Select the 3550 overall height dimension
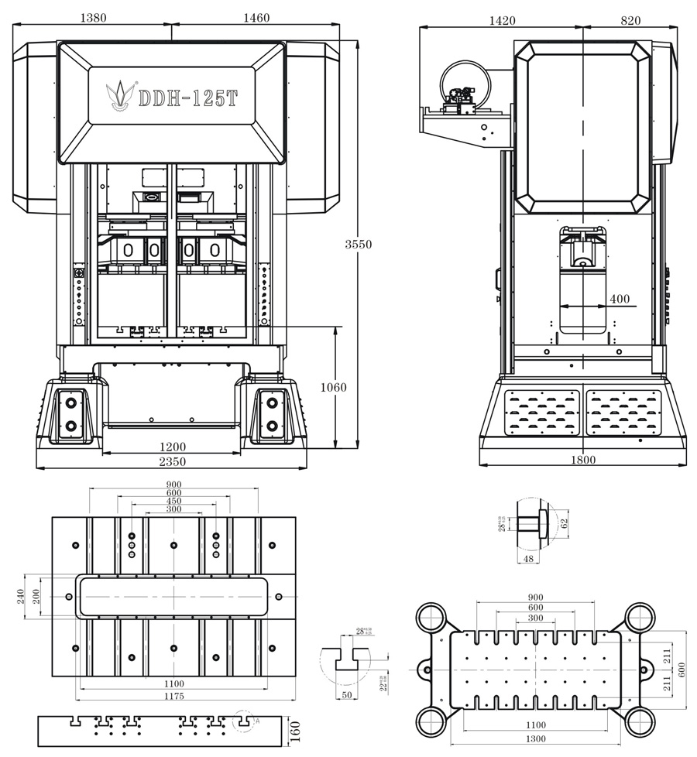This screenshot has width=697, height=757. (x=358, y=244)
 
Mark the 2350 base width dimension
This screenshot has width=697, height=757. (x=172, y=461)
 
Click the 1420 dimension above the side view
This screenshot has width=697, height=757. (x=502, y=21)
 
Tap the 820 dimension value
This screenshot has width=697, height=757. (x=630, y=21)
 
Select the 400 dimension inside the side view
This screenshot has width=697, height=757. (x=620, y=299)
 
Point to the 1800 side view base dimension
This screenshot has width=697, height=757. (x=583, y=460)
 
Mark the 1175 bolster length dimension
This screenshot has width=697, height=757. (x=173, y=696)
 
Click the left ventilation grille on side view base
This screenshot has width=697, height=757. (x=541, y=412)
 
